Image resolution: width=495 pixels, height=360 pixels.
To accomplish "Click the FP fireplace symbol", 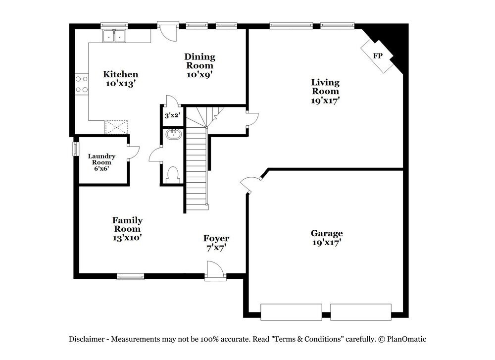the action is coord(378,55).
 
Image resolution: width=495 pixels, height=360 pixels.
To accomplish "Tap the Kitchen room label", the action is coord(120,74).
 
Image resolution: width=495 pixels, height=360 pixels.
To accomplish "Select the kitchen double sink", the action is coord(115,36).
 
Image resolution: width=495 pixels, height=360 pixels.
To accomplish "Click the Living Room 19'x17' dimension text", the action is coord(325,100).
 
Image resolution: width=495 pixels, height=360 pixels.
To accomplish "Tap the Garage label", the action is coord(327,233).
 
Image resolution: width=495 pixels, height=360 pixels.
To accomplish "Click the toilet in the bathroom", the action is coord(173,174).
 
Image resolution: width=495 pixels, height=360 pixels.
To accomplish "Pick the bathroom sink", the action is coord(173,134).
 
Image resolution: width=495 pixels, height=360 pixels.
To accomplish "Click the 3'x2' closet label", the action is coord(172,115).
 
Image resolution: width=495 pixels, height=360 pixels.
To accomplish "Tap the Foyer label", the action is coord(216,239).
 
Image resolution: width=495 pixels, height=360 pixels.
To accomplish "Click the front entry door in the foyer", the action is coord(214,271).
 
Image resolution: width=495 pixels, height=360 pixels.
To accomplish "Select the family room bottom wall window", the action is coord(131,276).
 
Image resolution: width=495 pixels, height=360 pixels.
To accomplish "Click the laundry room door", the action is coord(133,152).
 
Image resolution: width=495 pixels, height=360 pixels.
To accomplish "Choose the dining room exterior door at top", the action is coord(168,31).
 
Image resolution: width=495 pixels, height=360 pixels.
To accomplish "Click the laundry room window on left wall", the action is coord(76,149).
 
